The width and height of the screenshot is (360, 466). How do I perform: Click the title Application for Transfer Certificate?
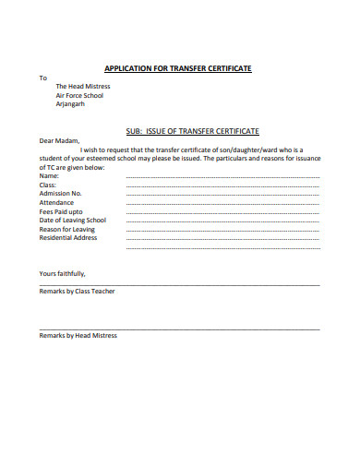[178, 68]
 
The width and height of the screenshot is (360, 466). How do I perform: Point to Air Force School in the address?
[79, 95]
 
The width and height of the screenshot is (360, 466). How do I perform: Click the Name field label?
[49, 176]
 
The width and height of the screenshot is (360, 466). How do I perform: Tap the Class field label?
[48, 185]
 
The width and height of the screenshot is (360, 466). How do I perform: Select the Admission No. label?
[61, 194]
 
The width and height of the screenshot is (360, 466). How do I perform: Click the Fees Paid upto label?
[61, 211]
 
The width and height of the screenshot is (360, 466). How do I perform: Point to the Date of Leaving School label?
[72, 221]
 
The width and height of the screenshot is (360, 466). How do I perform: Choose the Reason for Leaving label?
[66, 229]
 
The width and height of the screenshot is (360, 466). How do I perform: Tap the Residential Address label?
[67, 238]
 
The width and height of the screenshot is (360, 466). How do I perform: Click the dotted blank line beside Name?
[222, 177]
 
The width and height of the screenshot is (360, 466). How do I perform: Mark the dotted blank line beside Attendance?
[222, 204]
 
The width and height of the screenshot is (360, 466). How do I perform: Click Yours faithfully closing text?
[62, 273]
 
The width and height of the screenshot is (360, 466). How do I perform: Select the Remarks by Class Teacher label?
[77, 291]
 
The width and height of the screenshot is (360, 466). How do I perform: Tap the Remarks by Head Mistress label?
[78, 336]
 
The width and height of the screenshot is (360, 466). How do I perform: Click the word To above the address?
[42, 78]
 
